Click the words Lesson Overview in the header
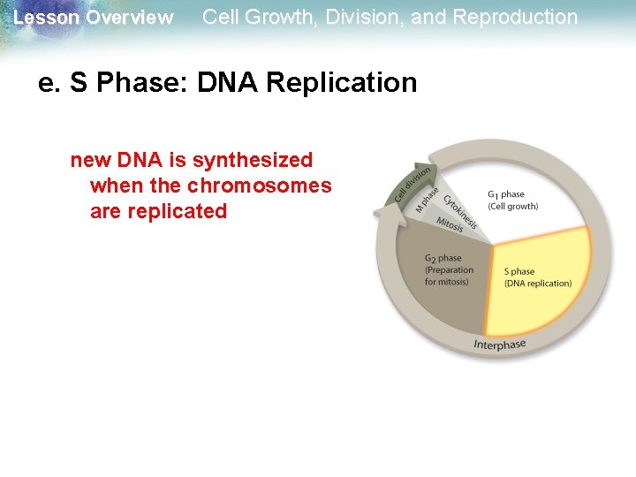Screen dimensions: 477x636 94,18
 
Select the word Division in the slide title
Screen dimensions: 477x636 364,17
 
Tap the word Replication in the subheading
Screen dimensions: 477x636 341,83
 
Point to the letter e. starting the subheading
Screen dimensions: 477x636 47,83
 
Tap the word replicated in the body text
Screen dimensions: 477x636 179,212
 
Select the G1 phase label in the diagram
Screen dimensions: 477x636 505,194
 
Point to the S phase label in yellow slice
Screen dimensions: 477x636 519,272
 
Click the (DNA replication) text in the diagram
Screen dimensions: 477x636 537,284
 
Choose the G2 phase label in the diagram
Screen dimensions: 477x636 443,259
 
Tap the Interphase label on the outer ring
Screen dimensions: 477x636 499,344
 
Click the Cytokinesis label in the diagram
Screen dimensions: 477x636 460,211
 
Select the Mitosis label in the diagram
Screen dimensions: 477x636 450,226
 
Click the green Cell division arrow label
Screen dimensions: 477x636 412,183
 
